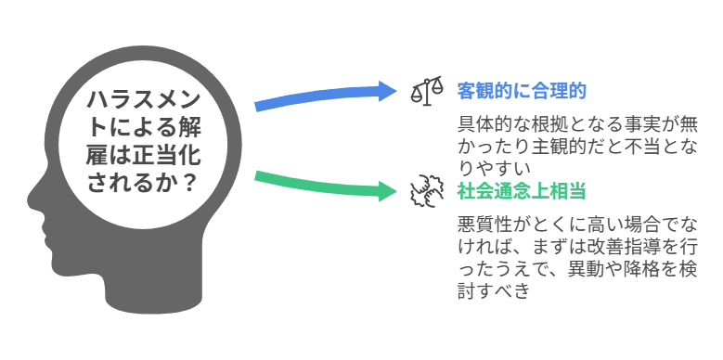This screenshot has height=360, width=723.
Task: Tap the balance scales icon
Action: tap(427, 91)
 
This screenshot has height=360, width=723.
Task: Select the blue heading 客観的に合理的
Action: tap(521, 91)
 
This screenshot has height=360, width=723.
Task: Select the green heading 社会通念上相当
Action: tap(521, 191)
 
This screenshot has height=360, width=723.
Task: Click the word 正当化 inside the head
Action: tap(159, 154)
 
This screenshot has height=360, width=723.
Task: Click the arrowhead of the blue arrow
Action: tap(386, 90)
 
